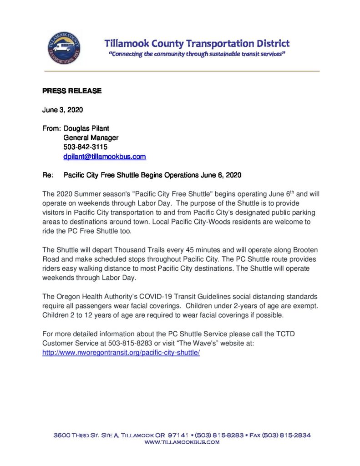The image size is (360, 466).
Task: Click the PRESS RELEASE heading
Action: point(72,91)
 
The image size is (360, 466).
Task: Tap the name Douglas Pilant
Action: point(86,129)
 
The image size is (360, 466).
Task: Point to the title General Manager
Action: point(91,138)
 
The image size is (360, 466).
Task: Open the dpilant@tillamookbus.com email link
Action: point(104,157)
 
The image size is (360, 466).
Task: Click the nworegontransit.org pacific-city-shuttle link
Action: point(121,353)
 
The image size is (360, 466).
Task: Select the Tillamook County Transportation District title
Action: point(197,44)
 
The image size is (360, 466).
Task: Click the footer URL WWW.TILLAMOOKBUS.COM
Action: point(182,442)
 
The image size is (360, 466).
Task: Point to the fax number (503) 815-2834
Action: point(289,435)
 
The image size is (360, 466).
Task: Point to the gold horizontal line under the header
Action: point(182,71)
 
